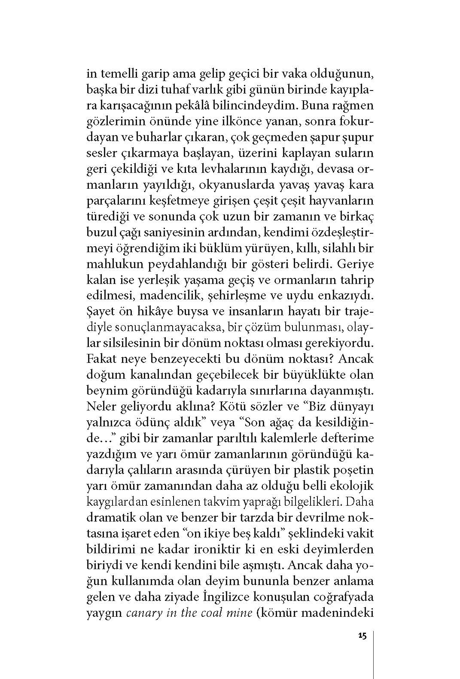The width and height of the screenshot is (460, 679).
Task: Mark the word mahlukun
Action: (x=111, y=265)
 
